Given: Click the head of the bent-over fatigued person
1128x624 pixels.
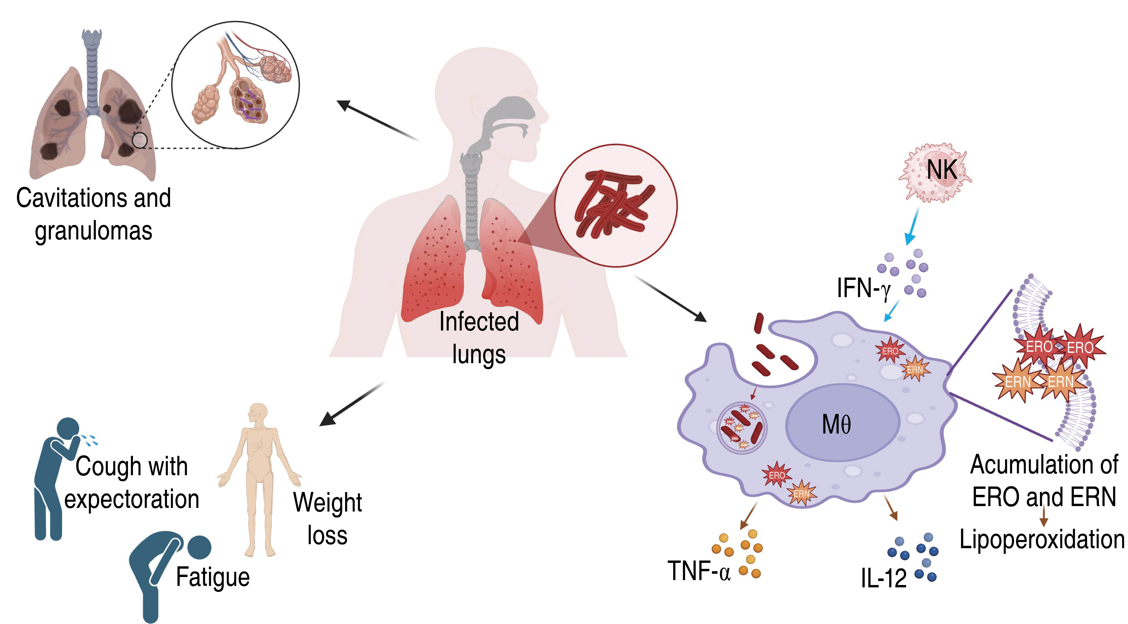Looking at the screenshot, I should [x=199, y=547].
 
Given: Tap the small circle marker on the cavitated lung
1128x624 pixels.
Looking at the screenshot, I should [x=140, y=141].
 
